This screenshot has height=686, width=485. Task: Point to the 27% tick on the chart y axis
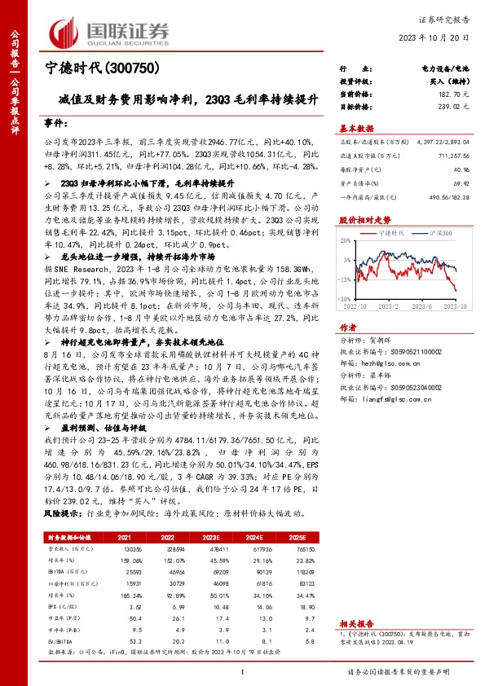coord(344,244)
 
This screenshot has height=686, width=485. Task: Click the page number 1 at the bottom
coord(243,671)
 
